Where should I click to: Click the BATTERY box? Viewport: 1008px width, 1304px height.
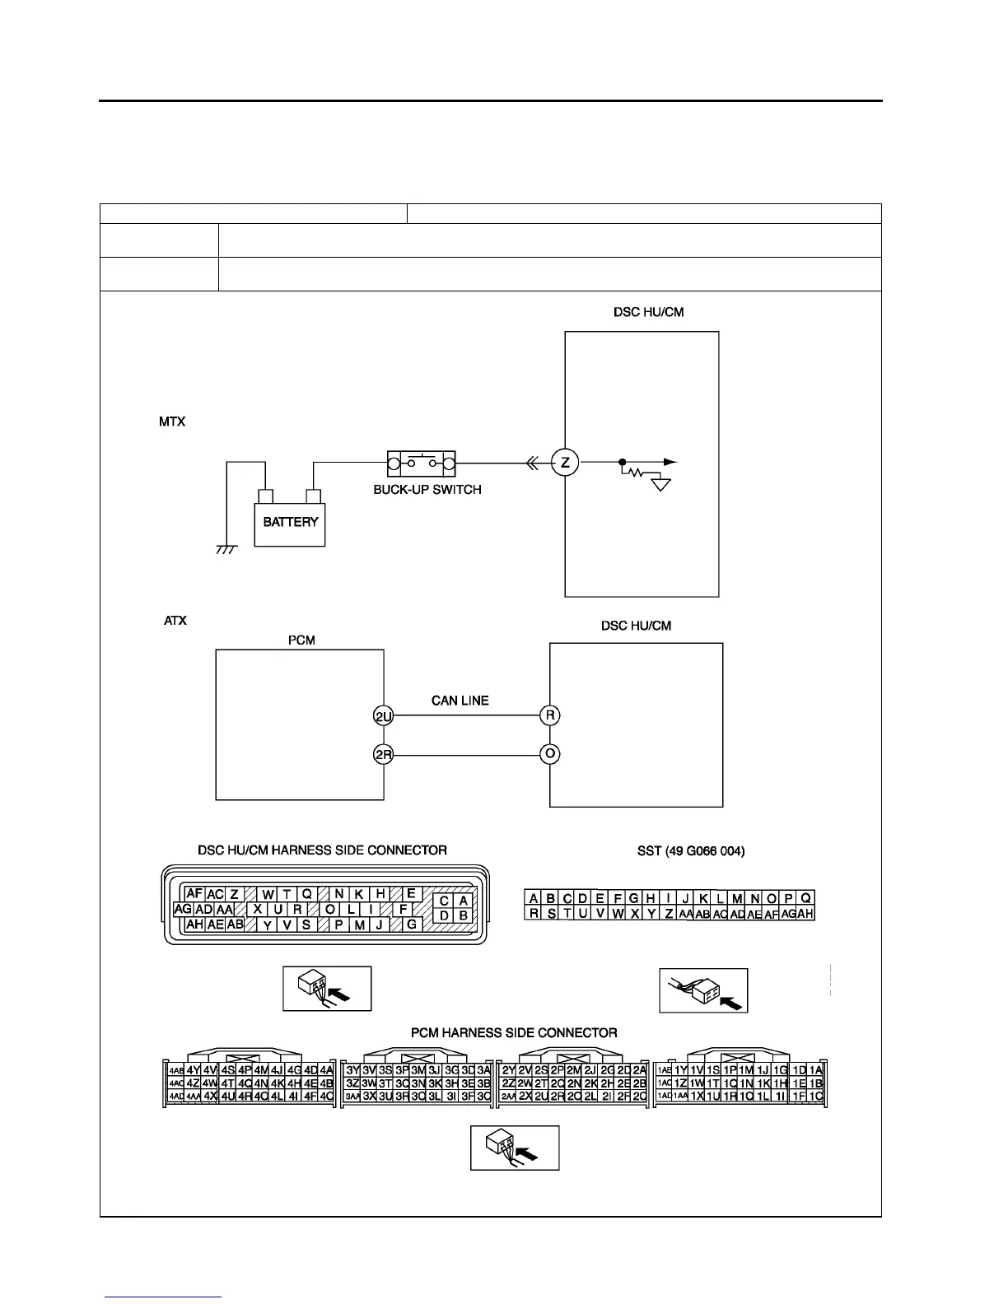tap(290, 522)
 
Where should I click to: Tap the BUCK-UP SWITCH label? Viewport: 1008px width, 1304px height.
tap(427, 489)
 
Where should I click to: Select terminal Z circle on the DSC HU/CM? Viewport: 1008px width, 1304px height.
tap(565, 463)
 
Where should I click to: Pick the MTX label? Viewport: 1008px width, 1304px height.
tap(172, 421)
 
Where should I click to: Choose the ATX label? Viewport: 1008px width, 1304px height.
tap(175, 620)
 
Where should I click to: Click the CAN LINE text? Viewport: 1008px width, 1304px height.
tap(460, 701)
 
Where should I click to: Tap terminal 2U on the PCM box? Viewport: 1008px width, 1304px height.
tap(384, 716)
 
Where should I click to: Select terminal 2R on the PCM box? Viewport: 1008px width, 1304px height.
tap(384, 753)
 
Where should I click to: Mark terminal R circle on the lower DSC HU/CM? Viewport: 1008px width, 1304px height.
tap(549, 715)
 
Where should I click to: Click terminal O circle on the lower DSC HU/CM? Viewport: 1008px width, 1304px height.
tap(549, 753)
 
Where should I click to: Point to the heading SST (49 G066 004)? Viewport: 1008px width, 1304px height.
tap(691, 851)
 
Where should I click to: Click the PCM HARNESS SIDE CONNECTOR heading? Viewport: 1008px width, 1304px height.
tap(514, 1032)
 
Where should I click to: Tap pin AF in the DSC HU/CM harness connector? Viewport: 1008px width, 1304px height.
tap(194, 893)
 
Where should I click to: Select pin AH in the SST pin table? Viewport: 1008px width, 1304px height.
tap(805, 913)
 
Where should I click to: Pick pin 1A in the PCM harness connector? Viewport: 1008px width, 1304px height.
tap(815, 1070)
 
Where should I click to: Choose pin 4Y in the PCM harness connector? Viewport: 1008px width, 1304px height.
tap(194, 1070)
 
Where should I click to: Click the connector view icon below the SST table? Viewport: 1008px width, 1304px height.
tap(703, 990)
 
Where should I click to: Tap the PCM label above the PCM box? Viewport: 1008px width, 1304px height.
tap(301, 640)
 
